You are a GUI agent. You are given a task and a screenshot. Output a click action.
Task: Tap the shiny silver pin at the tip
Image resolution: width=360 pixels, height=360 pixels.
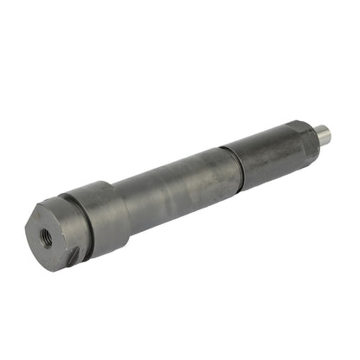[321, 134]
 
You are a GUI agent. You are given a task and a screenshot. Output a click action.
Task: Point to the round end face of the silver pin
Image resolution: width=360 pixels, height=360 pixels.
[326, 134]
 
